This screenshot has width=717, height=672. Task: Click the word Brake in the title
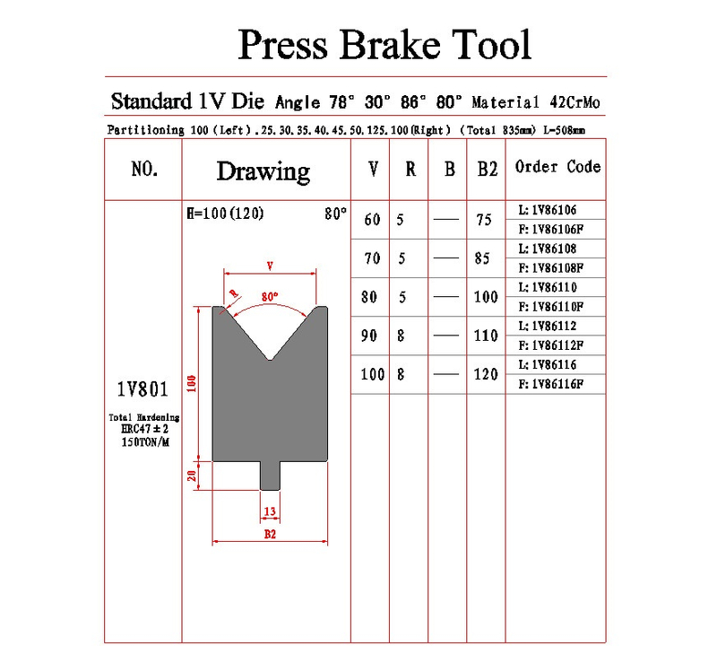coord(390,44)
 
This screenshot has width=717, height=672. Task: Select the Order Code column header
coord(557,167)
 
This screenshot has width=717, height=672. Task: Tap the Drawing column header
coord(263,171)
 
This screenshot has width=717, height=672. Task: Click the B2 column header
coord(488,169)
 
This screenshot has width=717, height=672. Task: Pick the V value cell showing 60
coord(372,220)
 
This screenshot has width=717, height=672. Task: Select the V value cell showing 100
coord(372,374)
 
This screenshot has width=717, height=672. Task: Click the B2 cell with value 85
coord(482,258)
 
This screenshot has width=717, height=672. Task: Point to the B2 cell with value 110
coord(486,336)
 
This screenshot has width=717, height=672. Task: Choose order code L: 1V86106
coord(548,210)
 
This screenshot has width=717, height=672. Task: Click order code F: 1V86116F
coord(551,384)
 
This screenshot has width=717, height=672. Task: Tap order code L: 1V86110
coord(548,287)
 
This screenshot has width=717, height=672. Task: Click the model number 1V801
coord(143,389)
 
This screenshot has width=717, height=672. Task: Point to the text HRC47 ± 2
coord(145,429)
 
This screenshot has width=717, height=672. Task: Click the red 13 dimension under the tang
coord(270,511)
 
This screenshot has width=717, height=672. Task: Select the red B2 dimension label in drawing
coord(270,534)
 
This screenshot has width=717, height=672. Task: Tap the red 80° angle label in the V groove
coord(270,297)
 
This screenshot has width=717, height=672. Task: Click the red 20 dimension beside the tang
coord(192,476)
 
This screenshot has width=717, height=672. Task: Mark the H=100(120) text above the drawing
coord(225,214)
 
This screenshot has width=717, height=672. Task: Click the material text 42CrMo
coord(574,102)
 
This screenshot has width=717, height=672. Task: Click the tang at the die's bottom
coord(271,476)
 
